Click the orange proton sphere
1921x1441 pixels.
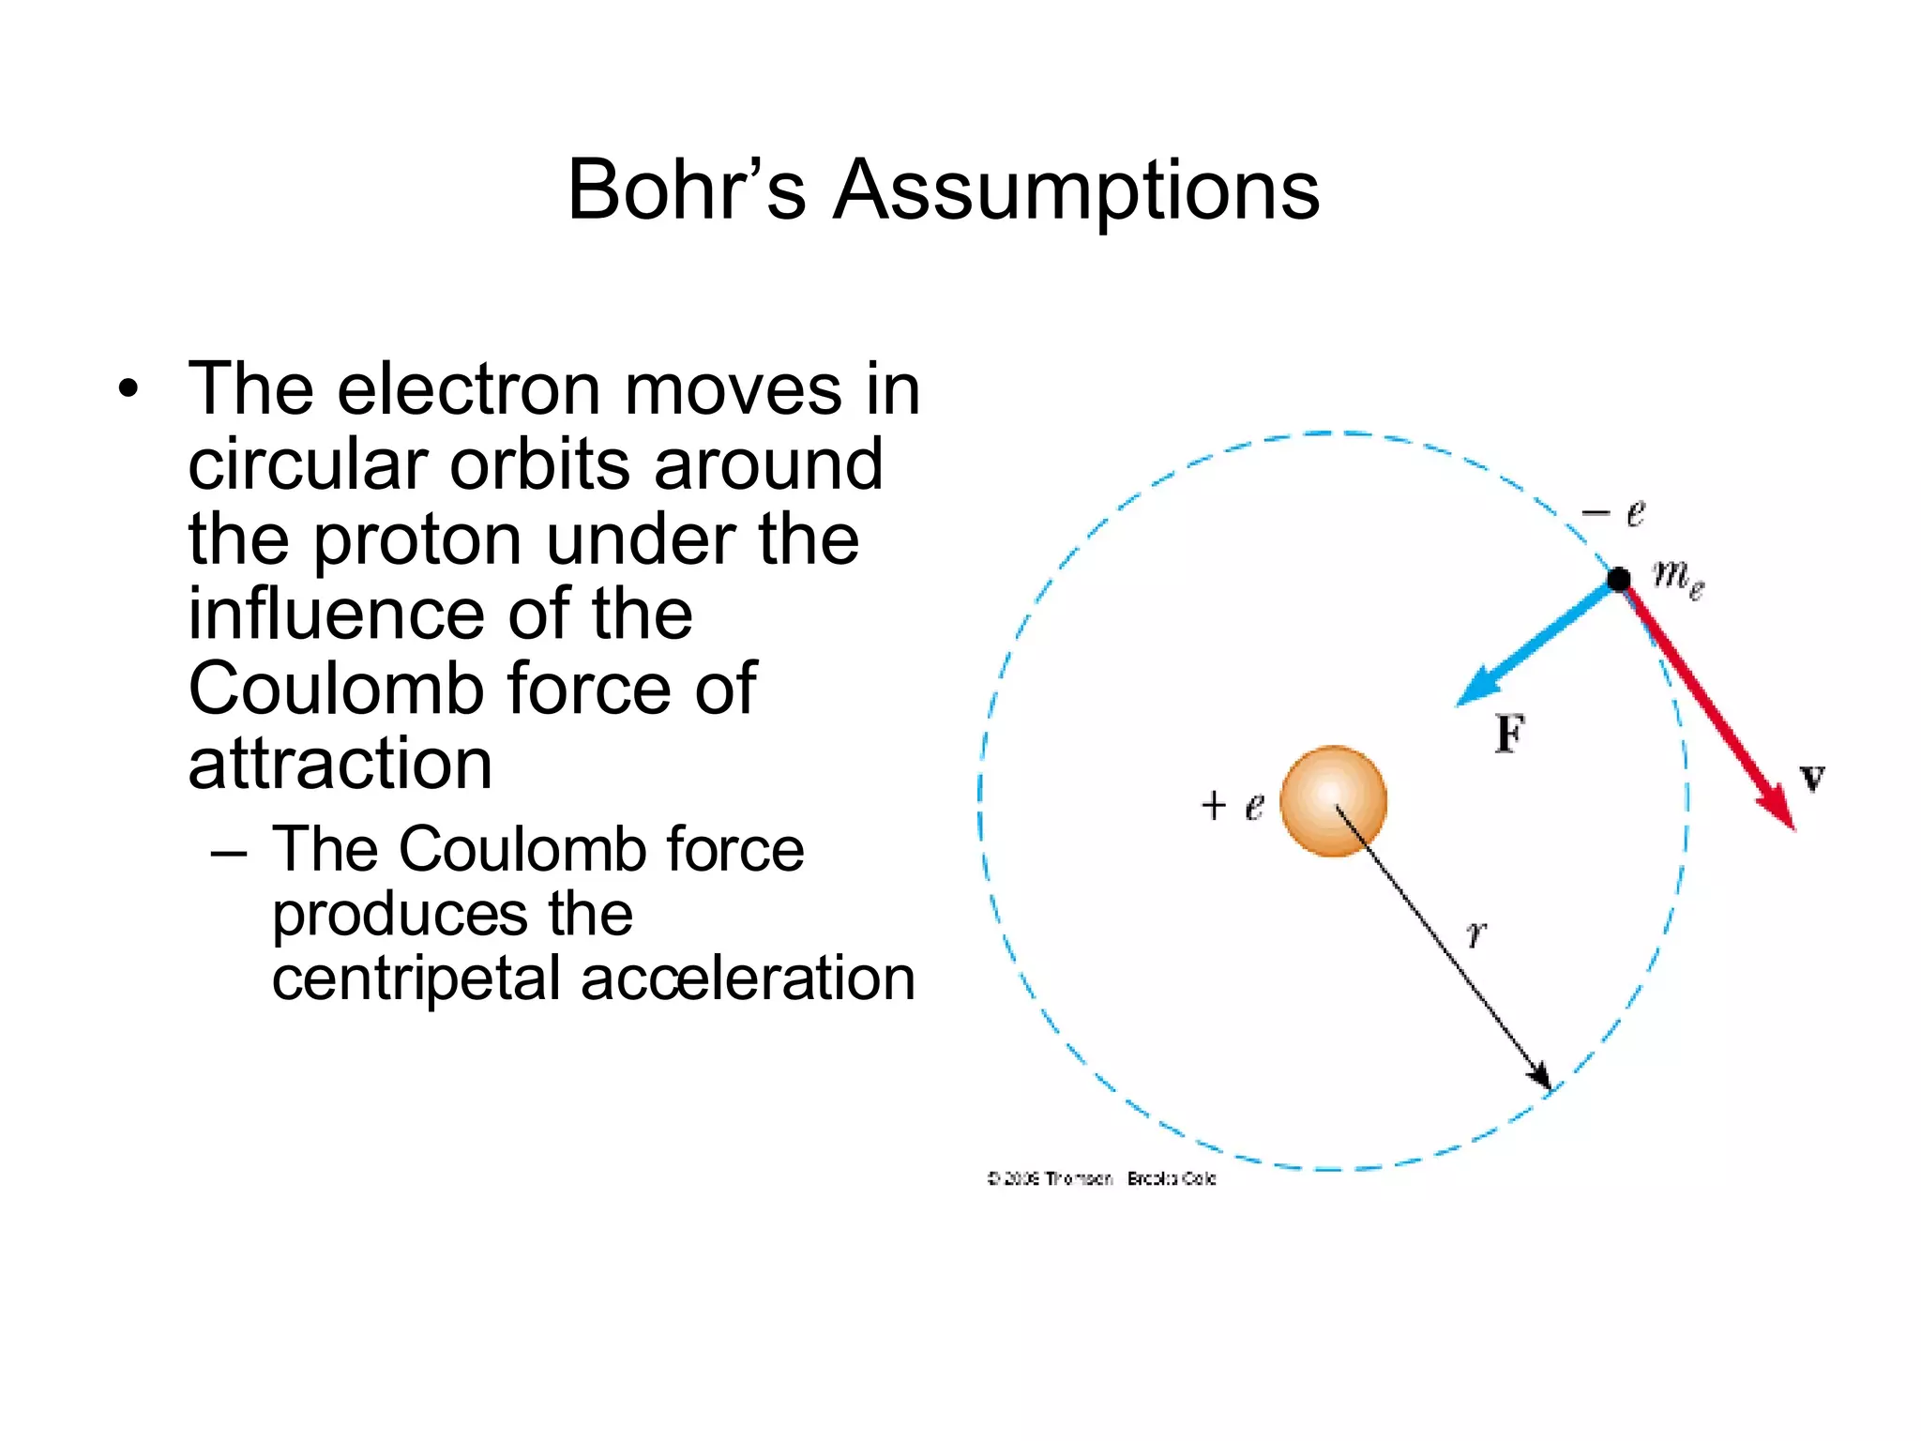[x=1333, y=800]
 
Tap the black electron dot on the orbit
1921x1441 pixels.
[x=1619, y=579]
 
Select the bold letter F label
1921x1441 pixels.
[x=1509, y=734]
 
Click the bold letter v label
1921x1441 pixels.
[x=1812, y=778]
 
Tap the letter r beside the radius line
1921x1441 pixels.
[x=1476, y=933]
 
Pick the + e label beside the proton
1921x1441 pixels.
[x=1233, y=805]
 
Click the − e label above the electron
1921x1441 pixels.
[x=1613, y=512]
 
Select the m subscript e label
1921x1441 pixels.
[x=1678, y=575]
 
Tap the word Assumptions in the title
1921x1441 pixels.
[x=1077, y=190]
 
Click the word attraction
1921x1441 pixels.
[x=340, y=764]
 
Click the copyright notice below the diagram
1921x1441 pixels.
[x=1101, y=1178]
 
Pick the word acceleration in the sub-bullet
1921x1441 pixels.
[x=748, y=978]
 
